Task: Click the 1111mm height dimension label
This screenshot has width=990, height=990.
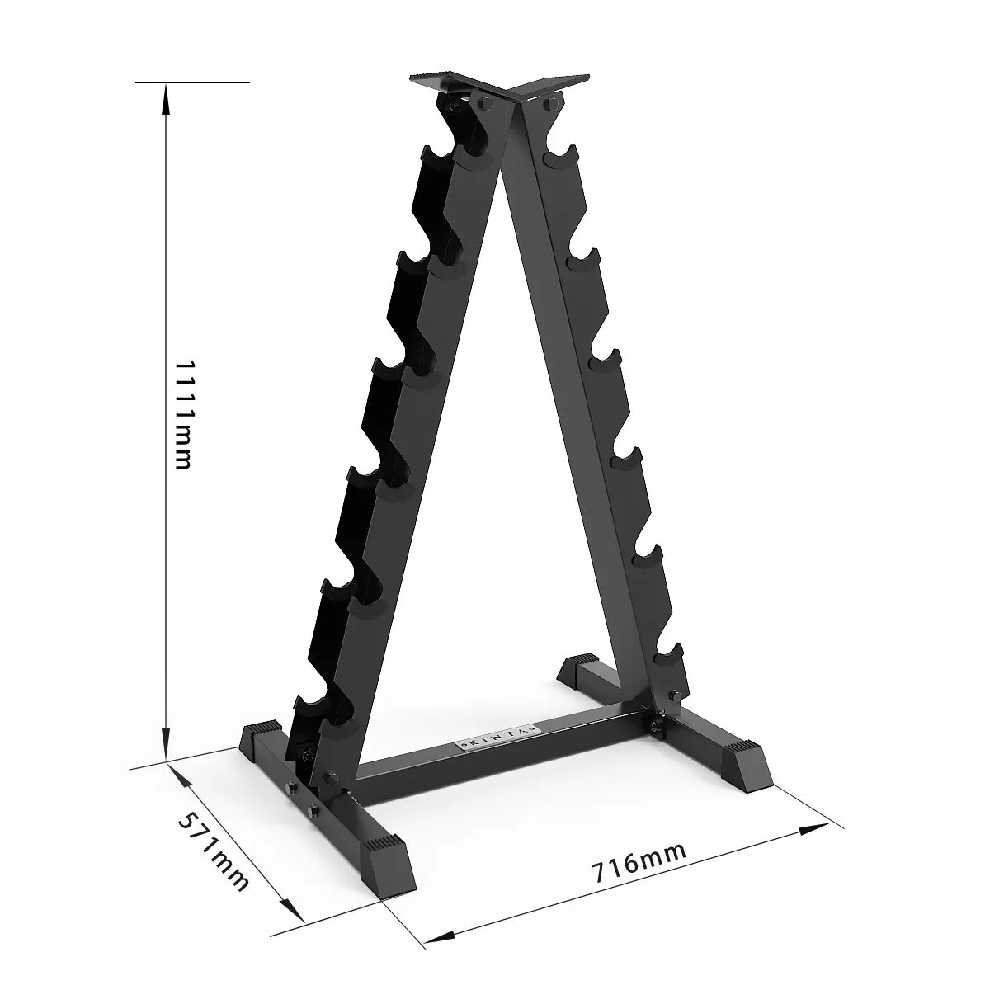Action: (183, 414)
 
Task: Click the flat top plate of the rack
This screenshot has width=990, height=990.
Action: (499, 84)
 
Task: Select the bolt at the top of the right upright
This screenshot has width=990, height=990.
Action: (548, 104)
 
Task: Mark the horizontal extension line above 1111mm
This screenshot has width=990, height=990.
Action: (191, 82)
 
